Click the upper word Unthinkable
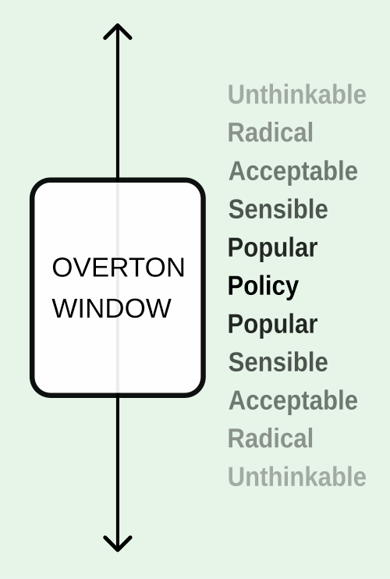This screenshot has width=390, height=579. [x=297, y=94]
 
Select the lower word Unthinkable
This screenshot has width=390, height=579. [x=297, y=477]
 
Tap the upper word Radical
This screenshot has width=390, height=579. [x=271, y=132]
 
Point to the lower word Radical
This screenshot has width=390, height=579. [x=271, y=439]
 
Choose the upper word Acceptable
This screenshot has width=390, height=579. [x=293, y=172]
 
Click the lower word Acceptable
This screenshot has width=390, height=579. [x=293, y=401]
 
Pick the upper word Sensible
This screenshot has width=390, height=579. [x=278, y=209]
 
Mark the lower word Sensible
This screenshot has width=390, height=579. [x=278, y=362]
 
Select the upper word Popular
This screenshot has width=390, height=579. [x=273, y=248]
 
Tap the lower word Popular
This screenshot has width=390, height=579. [x=273, y=325]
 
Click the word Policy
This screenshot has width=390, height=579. [x=264, y=286]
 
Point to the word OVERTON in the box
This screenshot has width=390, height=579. [x=119, y=268]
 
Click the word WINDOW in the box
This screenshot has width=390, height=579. [x=112, y=308]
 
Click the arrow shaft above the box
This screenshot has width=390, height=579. [x=118, y=101]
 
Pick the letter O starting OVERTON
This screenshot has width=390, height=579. [x=62, y=268]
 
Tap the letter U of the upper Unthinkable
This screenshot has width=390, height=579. [x=236, y=94]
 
